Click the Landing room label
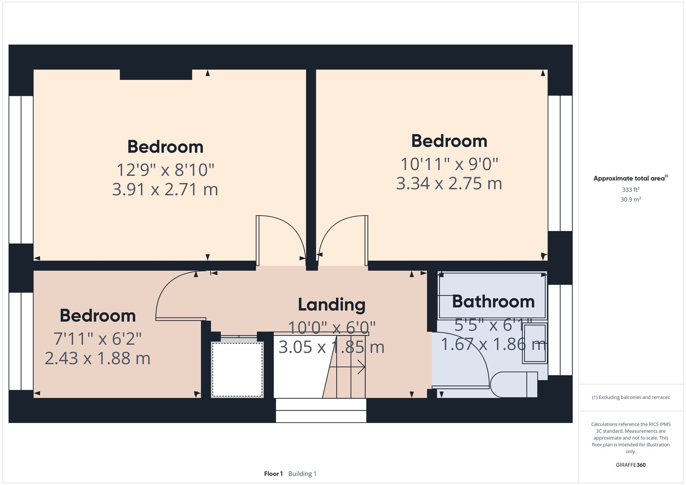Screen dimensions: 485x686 click(331, 304)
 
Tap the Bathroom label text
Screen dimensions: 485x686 click(493, 302)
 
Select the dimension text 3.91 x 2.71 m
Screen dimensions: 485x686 click(165, 190)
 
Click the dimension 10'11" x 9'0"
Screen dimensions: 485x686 click(449, 164)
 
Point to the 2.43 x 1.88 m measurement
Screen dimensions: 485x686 click(97, 359)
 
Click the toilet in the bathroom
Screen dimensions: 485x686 click(513, 385)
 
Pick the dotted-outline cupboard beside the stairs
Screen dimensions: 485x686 click(237, 369)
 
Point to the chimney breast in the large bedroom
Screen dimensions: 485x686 click(156, 74)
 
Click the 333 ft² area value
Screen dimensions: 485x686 click(630, 190)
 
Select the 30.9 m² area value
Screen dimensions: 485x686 click(630, 199)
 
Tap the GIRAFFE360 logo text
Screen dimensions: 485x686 click(630, 465)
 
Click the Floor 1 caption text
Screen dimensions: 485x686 click(273, 474)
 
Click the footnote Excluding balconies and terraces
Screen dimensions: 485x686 click(630, 397)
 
